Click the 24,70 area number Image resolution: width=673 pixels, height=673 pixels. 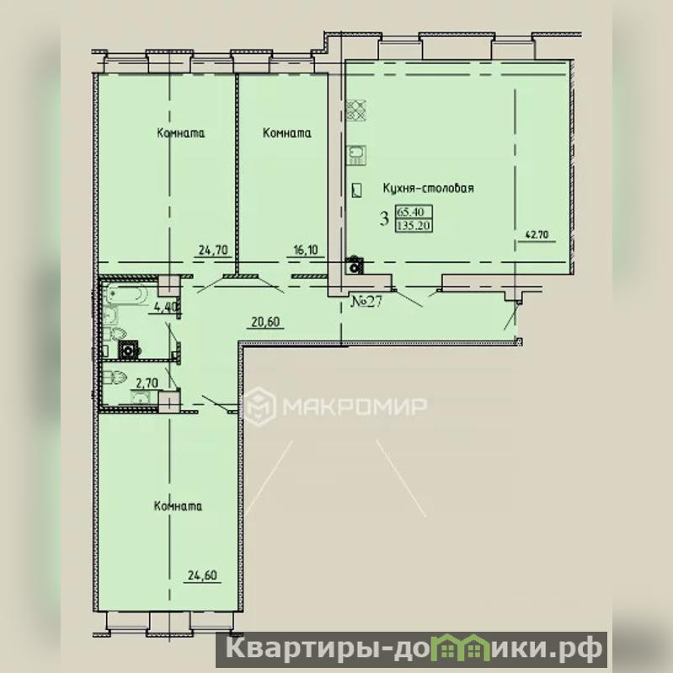[213, 249]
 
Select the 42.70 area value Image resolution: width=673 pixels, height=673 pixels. [537, 234]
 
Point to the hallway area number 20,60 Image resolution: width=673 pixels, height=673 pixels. [265, 322]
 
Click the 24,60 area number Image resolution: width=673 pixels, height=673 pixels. [203, 574]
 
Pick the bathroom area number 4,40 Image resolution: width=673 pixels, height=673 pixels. [163, 307]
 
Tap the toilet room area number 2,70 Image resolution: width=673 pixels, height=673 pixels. [147, 382]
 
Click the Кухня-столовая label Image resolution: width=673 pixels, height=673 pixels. [429, 188]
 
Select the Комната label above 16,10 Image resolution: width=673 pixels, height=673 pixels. [286, 132]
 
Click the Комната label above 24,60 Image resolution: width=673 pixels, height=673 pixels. [178, 505]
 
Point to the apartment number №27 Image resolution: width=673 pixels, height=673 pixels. [366, 302]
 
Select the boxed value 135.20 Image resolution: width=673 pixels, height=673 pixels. [414, 225]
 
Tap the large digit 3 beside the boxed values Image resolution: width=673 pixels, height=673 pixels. [384, 218]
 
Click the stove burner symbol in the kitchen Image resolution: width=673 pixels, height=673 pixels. [356, 109]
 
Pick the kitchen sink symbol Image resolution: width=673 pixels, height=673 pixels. [356, 155]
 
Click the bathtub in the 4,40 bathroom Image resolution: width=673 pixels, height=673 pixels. [126, 293]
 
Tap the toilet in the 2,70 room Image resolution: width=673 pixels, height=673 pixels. [115, 377]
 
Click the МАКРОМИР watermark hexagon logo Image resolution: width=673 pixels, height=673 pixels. [259, 406]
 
